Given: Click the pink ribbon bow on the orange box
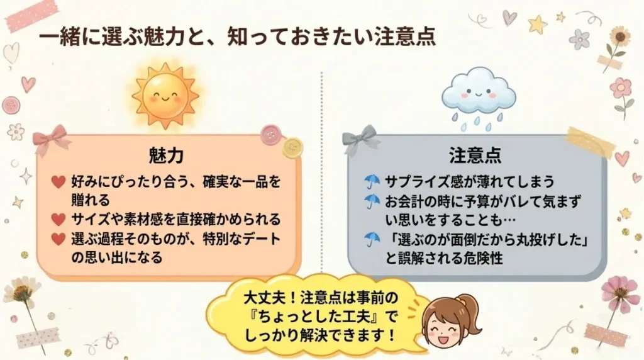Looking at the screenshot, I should [51, 138].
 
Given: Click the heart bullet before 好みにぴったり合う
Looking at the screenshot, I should [58, 183].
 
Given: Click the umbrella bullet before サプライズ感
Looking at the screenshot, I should [372, 182].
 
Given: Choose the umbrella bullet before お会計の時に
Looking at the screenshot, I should [372, 201].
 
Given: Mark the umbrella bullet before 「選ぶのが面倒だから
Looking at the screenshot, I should [372, 239].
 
